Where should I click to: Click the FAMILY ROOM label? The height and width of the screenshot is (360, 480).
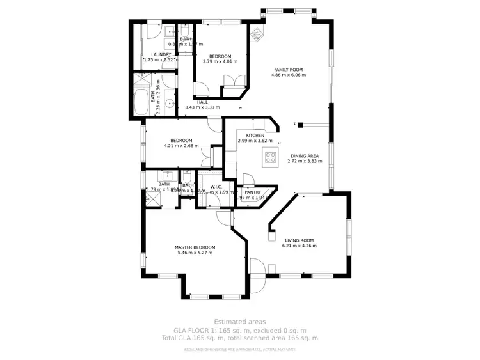click(288, 69)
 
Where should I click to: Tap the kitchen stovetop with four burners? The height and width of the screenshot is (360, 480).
click(270, 157)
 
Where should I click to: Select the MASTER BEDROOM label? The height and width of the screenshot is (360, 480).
click(195, 247)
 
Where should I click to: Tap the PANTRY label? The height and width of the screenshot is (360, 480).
click(253, 192)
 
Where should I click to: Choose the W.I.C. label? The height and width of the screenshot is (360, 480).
click(216, 187)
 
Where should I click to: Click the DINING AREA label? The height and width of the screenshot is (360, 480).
click(305, 155)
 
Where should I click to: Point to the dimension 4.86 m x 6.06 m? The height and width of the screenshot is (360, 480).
click(288, 75)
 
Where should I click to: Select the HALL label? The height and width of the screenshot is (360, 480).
click(202, 102)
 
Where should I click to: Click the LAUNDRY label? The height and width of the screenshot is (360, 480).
click(161, 54)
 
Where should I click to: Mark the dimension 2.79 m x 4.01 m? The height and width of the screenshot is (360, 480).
click(220, 61)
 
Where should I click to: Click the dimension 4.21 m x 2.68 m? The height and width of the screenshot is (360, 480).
click(181, 146)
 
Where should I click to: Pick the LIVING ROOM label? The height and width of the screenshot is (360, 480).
click(299, 241)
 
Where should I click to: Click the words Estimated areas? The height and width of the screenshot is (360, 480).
click(240, 322)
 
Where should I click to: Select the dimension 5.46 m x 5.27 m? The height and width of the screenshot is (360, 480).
click(195, 253)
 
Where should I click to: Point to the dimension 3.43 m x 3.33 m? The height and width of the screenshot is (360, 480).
click(202, 107)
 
